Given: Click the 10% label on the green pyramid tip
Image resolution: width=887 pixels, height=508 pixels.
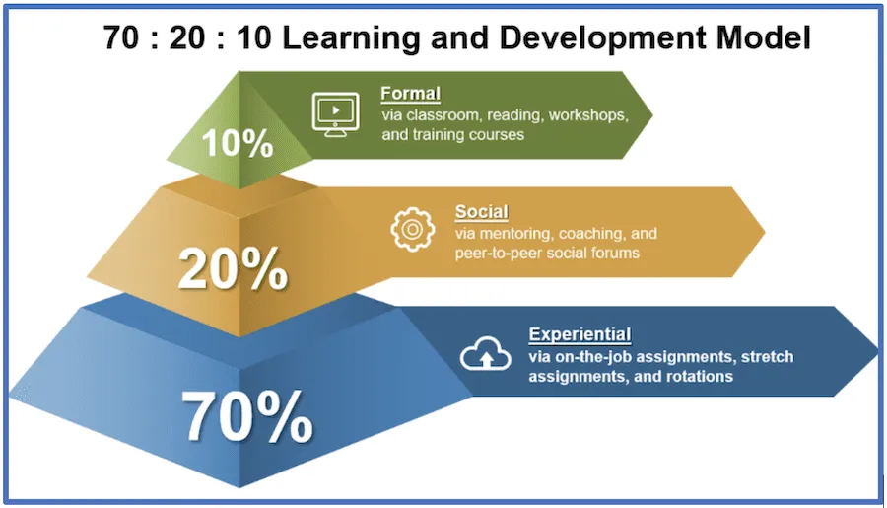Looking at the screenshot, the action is (x=238, y=142).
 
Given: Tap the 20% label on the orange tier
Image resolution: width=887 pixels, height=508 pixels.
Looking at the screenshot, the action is (x=233, y=268).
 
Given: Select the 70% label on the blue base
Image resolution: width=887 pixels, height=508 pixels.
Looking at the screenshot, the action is (x=247, y=416).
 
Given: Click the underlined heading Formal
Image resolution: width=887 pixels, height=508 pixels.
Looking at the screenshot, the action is (x=410, y=94).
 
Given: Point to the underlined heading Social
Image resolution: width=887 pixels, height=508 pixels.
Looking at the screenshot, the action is (x=481, y=212).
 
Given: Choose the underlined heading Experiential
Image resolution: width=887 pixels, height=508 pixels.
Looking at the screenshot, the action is (x=580, y=334).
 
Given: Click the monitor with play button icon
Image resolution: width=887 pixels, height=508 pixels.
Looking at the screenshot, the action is (x=335, y=114).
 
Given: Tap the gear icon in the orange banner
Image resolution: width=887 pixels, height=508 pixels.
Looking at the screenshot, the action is (x=412, y=230).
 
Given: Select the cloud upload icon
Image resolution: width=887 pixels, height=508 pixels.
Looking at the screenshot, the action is (x=485, y=353).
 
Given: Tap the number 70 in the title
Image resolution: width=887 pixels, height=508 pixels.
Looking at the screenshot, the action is (x=120, y=37).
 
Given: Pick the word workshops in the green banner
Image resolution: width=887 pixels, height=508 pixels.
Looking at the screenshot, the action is (x=588, y=115).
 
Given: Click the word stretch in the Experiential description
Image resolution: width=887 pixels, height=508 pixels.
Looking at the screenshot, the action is (x=767, y=357).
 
